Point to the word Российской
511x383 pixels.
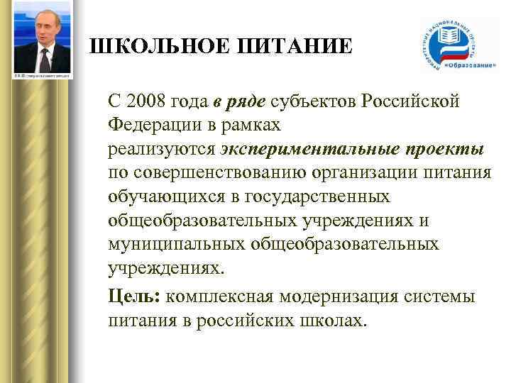pos(411,101)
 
